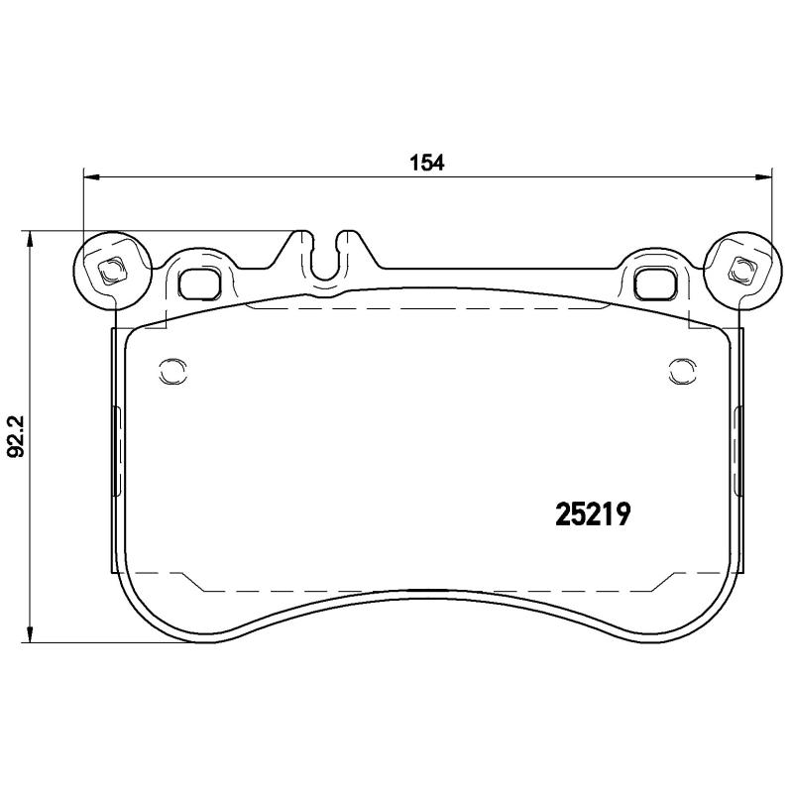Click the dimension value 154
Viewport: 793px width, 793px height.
pyautogui.click(x=425, y=162)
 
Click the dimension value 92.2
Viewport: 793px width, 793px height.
pyautogui.click(x=16, y=435)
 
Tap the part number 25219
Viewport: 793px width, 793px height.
pyautogui.click(x=592, y=515)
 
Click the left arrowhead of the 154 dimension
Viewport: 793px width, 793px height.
pyautogui.click(x=91, y=178)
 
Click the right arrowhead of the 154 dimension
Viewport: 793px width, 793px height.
pyautogui.click(x=763, y=178)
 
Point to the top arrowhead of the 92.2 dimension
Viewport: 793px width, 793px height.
pyautogui.click(x=32, y=239)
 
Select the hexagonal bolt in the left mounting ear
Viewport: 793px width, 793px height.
pyautogui.click(x=111, y=268)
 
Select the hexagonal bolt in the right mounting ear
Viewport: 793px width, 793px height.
pyautogui.click(x=740, y=268)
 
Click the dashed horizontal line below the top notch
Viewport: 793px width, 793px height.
pyautogui.click(x=426, y=307)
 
